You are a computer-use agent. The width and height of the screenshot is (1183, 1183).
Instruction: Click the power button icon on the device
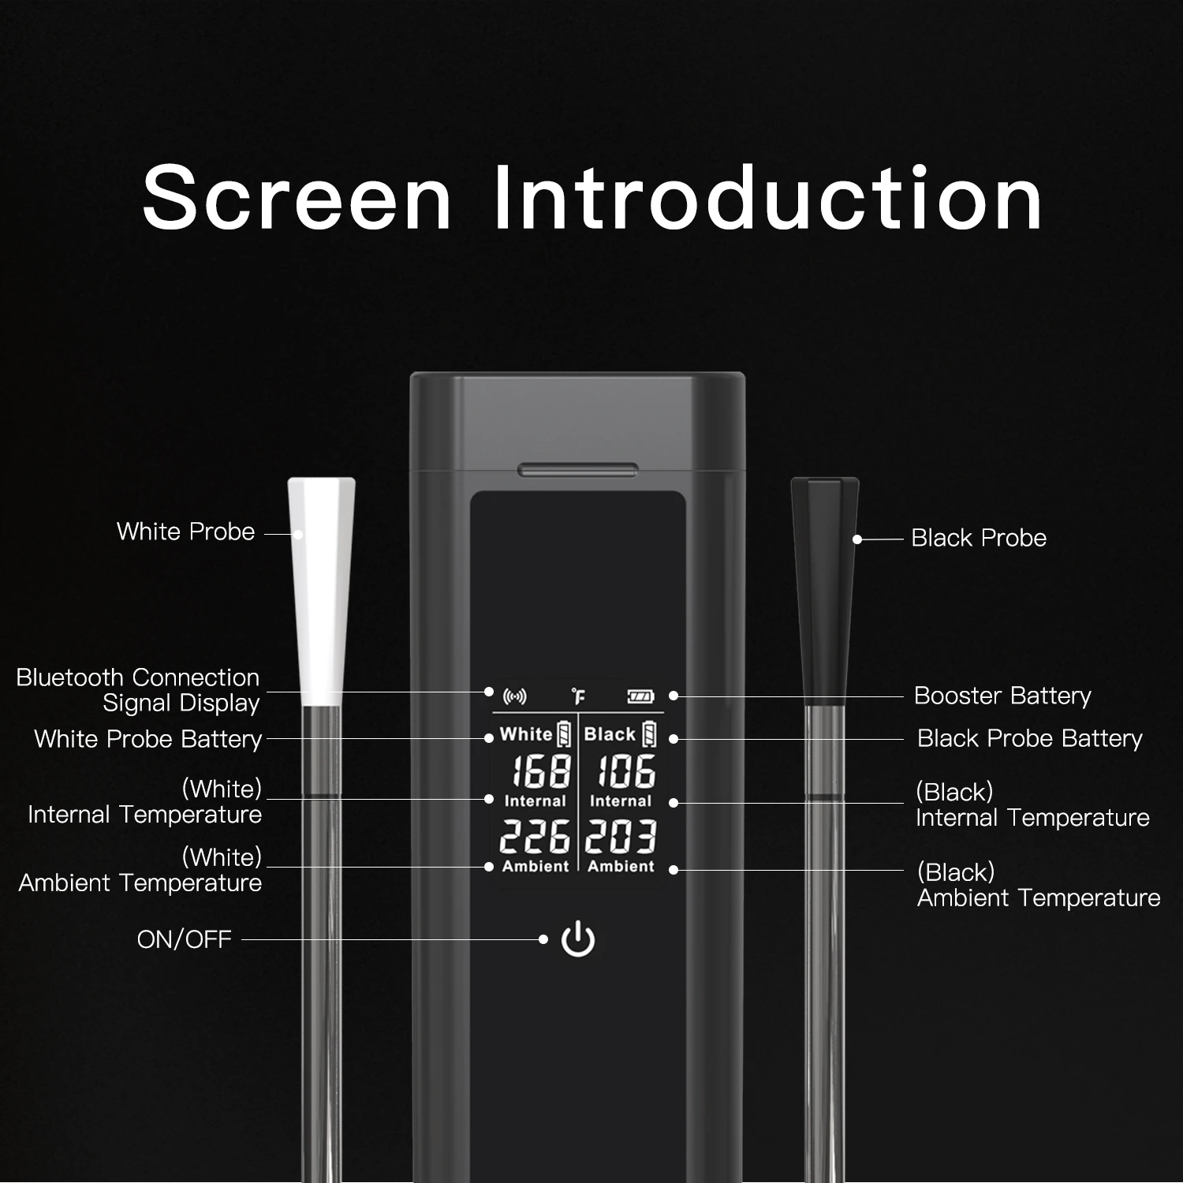(x=578, y=939)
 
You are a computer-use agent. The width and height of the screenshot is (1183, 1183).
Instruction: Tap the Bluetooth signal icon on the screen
(x=515, y=696)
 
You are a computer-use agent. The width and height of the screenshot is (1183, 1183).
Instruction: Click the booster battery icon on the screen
(x=640, y=696)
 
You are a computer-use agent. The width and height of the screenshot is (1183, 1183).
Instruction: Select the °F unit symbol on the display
(x=579, y=696)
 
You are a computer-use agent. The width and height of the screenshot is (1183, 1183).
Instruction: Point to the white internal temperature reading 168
(x=542, y=771)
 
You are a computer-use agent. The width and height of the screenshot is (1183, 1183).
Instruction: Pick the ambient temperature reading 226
(x=535, y=836)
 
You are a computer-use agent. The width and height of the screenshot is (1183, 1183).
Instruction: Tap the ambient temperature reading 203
(x=621, y=836)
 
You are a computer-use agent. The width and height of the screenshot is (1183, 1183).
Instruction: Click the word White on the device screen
(x=526, y=734)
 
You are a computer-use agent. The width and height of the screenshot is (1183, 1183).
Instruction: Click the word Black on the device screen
(x=610, y=734)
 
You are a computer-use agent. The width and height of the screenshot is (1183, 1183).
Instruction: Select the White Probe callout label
(x=186, y=532)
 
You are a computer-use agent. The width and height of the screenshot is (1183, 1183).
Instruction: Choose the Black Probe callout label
(x=979, y=538)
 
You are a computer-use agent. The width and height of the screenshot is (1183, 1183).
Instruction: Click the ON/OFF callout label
(x=185, y=939)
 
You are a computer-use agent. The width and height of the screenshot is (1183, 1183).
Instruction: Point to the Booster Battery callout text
(x=1002, y=696)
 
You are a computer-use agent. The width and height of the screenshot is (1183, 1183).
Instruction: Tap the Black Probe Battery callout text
(x=1030, y=738)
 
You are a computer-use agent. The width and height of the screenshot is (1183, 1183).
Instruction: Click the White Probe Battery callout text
(x=148, y=739)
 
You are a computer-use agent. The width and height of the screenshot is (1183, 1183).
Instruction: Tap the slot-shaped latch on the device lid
(x=578, y=470)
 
